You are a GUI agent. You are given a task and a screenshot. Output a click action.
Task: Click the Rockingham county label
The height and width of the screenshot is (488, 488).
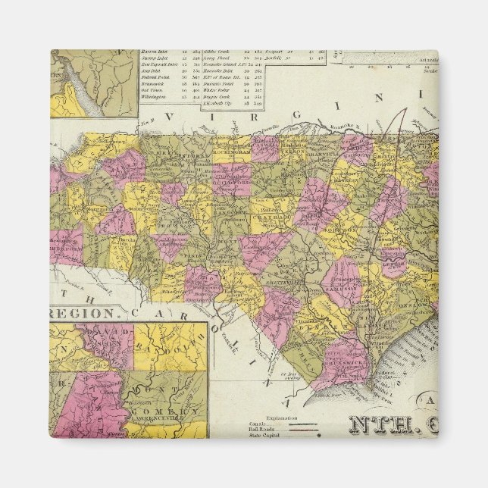[230, 150]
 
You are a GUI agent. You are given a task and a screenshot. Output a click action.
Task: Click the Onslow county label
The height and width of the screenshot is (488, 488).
[414, 302]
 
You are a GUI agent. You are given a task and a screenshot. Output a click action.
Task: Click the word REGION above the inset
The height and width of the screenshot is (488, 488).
[84, 312]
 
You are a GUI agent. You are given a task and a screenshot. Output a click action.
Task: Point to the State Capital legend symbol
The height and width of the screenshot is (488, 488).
[318, 435]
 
